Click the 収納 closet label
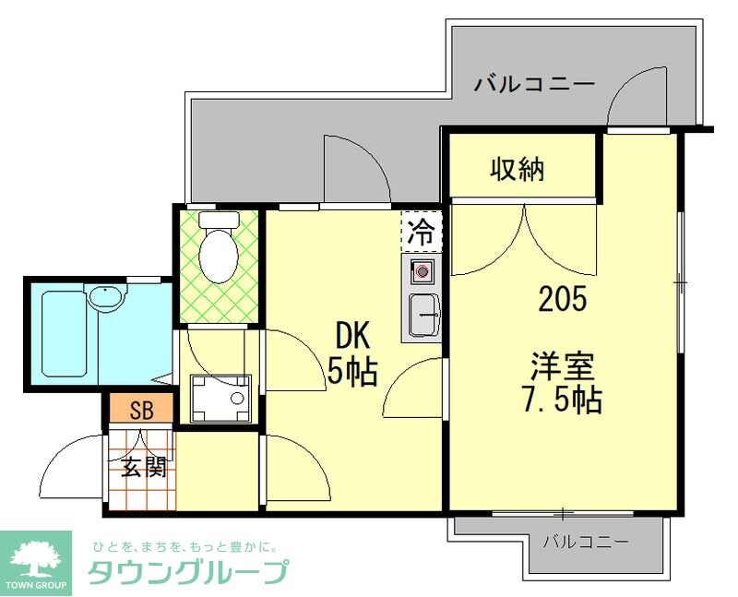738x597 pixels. (517, 169)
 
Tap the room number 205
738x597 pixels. (563, 299)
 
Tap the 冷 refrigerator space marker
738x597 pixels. (421, 231)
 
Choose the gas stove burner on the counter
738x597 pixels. (422, 271)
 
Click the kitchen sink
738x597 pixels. (423, 316)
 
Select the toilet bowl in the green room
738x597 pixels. (220, 256)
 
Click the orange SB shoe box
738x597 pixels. (141, 407)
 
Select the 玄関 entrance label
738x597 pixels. (144, 468)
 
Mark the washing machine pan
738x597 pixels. (220, 399)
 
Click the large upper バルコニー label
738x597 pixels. (534, 85)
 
